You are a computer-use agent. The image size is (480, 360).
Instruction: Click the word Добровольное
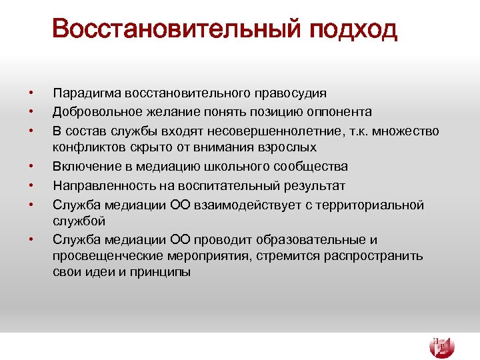click(x=94, y=111)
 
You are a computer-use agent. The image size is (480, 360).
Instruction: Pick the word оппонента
click(x=339, y=111)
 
